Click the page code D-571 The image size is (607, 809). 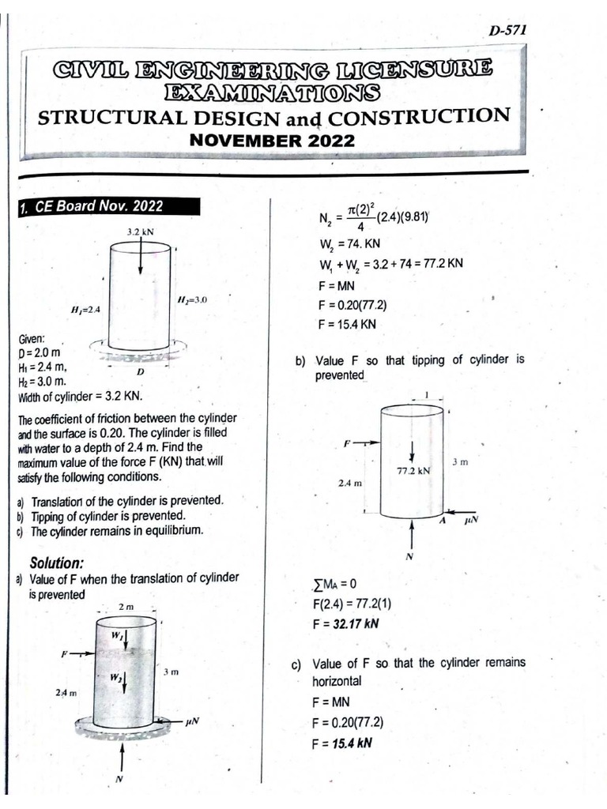tap(507, 31)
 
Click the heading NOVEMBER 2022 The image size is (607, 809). tap(271, 141)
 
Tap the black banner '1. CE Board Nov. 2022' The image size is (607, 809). tap(92, 207)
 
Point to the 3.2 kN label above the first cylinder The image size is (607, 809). tap(139, 232)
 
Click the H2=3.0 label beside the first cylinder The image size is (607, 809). tap(192, 299)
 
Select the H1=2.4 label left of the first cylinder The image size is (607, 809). tap(85, 308)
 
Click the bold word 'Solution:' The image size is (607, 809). tap(56, 563)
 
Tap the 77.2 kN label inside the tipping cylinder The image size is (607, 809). tap(413, 470)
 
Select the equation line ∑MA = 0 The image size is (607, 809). tap(335, 585)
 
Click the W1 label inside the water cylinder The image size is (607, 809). tap(117, 635)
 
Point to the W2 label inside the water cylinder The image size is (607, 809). tap(116, 677)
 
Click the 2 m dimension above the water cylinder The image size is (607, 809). tap(126, 606)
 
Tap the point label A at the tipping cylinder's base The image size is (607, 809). tap(443, 521)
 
